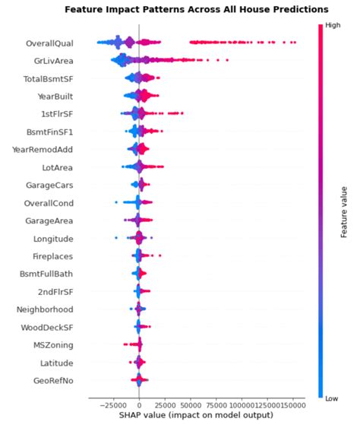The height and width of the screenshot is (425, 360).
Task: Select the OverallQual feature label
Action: [x=50, y=43]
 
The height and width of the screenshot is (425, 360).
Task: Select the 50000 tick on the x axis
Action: [x=191, y=404]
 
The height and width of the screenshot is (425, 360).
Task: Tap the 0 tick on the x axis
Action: [x=139, y=404]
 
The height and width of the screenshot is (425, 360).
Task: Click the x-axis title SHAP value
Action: [x=196, y=416]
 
